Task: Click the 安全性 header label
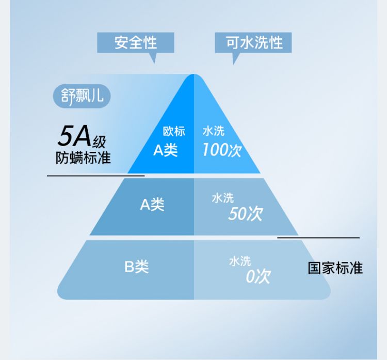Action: click(136, 42)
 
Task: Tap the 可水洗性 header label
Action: click(254, 42)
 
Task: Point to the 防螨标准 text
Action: click(83, 158)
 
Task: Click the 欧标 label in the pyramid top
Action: click(174, 132)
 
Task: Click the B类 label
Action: click(136, 267)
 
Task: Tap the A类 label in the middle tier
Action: click(152, 205)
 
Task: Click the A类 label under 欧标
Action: click(166, 150)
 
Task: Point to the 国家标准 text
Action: click(335, 268)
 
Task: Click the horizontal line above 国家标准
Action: click(318, 238)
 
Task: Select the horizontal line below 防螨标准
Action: click(95, 176)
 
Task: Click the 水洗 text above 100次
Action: click(213, 132)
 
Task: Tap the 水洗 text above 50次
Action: click(223, 198)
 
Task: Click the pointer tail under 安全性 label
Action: click(152, 58)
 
